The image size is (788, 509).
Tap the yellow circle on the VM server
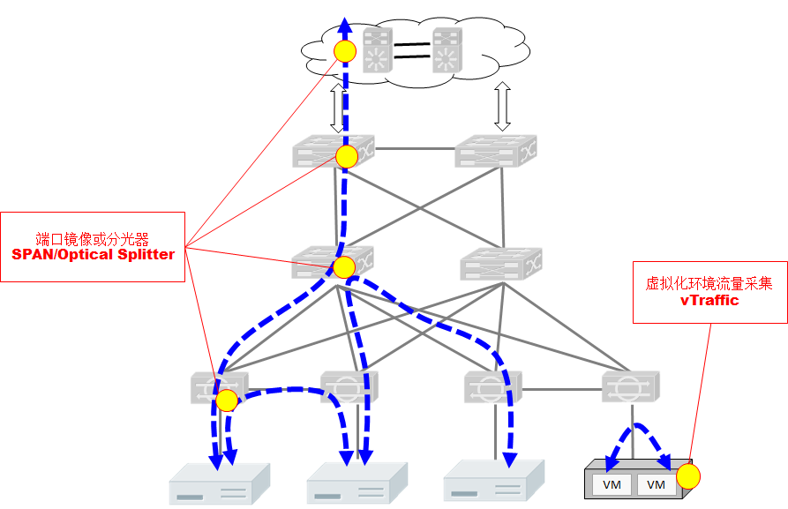688,478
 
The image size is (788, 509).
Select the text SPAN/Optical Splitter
93,254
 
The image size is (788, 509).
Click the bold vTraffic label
709,300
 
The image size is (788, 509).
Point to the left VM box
612,484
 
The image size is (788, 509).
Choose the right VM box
655,484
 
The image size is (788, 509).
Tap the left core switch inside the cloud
379,50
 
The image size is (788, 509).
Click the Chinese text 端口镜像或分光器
93,238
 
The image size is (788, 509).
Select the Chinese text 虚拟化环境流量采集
709,283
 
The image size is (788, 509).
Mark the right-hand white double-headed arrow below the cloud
503,107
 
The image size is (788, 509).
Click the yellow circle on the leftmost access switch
227,400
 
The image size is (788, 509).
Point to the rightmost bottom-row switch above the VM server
631,385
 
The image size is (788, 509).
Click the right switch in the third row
500,262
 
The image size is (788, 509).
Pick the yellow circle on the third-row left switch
343,266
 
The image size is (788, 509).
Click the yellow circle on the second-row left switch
347,157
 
